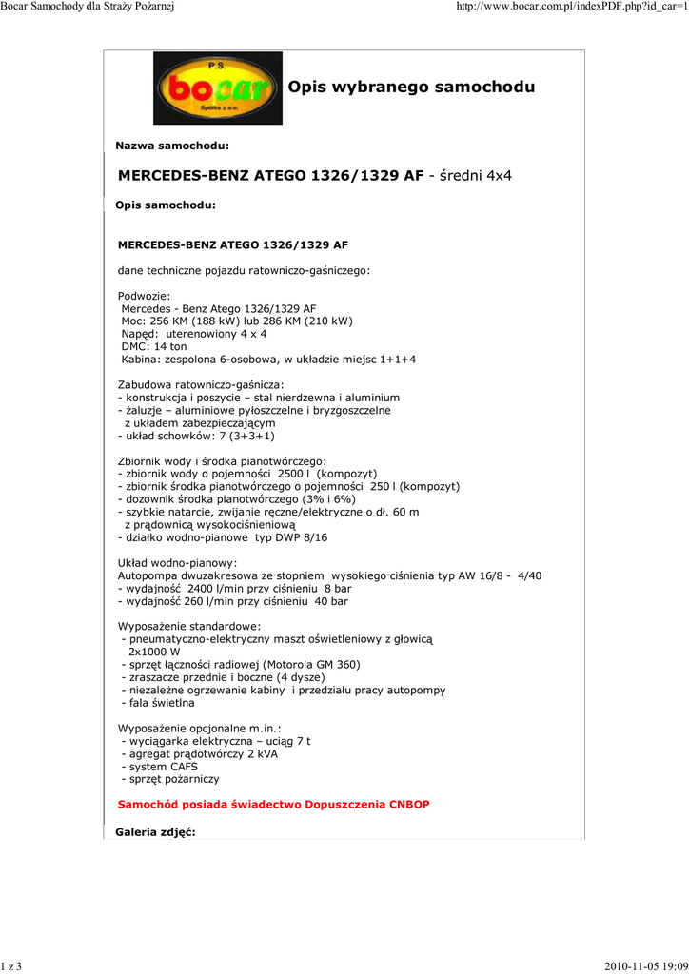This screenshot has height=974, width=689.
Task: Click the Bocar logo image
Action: (x=218, y=88)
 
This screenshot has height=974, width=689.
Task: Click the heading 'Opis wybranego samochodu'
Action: (x=411, y=88)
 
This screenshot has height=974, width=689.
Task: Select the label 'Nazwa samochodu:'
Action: (x=172, y=146)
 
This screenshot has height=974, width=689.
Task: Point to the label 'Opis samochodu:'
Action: (x=166, y=205)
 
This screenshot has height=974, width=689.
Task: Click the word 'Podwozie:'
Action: (x=144, y=296)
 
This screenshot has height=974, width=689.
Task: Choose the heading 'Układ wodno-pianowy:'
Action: (x=177, y=563)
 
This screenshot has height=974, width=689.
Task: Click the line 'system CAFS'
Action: (x=159, y=767)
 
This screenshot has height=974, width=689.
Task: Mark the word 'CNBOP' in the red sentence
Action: (x=409, y=805)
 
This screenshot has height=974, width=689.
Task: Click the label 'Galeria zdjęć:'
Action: (x=155, y=832)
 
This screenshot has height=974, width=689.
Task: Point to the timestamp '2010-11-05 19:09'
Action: (x=646, y=966)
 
